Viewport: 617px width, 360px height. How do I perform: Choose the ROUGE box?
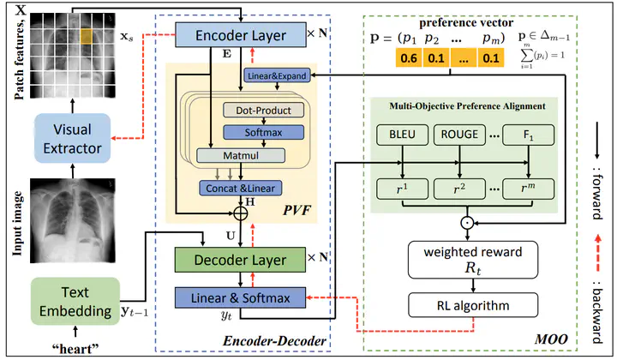point(459,135)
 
